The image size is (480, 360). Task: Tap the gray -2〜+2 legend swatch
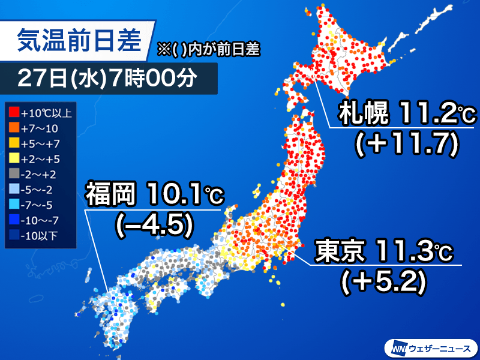click(14, 174)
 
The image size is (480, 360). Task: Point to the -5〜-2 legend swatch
click(14, 190)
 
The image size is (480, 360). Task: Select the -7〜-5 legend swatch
click(14, 205)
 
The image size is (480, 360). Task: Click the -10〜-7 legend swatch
click(14, 220)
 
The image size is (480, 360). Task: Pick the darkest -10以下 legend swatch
click(14, 235)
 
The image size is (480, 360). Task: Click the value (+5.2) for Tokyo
click(384, 281)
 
